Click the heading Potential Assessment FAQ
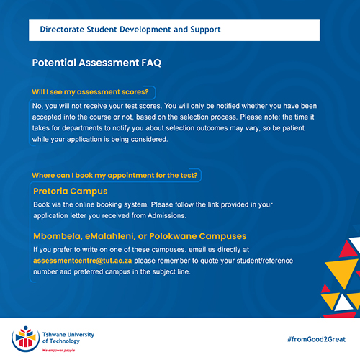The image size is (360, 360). tap(96, 63)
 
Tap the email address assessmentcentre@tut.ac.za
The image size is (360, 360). tap(83, 261)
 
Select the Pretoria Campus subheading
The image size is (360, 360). tap(71, 192)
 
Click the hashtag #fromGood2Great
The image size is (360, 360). tap(317, 339)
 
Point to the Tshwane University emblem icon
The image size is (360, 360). tap(26, 339)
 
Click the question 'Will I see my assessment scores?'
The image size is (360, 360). tap(90, 92)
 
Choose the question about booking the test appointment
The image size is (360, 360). tap(114, 176)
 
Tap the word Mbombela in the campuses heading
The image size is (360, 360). tap(58, 236)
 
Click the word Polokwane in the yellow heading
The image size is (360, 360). tap(173, 236)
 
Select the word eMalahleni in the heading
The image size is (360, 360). tap(111, 236)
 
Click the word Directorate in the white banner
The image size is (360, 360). tap(62, 30)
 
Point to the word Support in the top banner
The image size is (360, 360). tap(205, 30)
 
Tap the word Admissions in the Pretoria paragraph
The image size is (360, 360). tap(167, 216)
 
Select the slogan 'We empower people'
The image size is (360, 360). tap(59, 351)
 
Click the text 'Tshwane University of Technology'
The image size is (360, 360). tap(68, 338)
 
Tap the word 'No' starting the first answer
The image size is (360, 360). tap(37, 106)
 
